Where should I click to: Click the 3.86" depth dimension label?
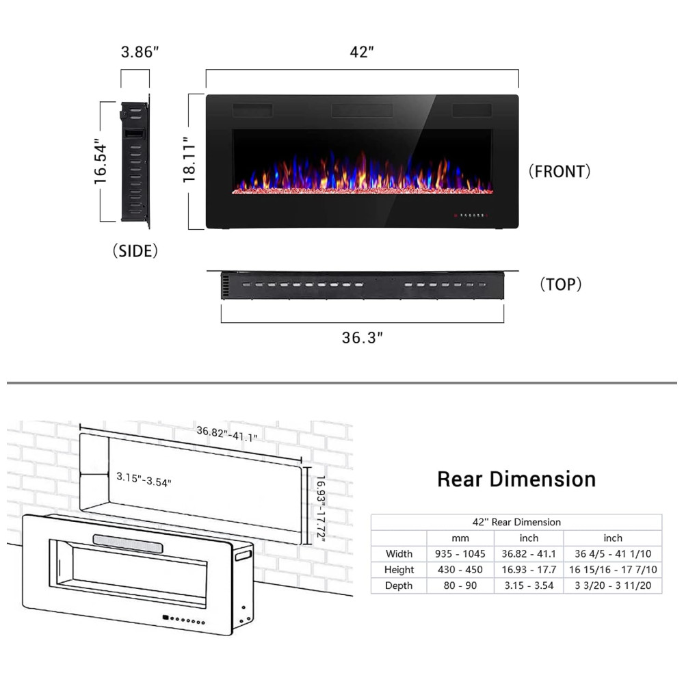(x=140, y=52)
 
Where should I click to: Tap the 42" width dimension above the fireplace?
(x=362, y=52)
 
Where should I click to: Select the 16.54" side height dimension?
(x=101, y=161)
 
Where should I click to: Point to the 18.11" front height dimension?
(x=189, y=159)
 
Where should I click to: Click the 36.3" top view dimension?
(x=362, y=338)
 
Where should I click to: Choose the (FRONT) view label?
(x=560, y=172)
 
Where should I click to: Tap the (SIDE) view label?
(x=135, y=251)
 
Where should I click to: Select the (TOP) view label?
(x=561, y=285)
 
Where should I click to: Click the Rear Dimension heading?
(x=516, y=479)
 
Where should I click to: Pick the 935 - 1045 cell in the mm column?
(x=460, y=553)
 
